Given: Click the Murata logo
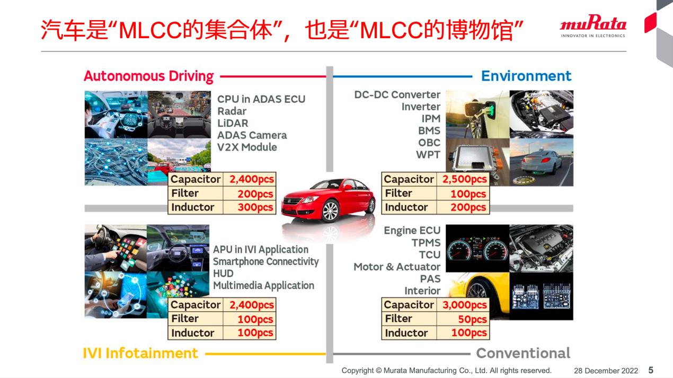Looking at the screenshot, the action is [593, 26].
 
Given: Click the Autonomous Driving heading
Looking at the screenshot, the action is [149, 76].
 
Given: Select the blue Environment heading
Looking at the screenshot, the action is [526, 76].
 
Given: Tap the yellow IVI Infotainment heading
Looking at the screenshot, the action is [140, 353].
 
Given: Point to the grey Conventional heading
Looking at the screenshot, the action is [523, 353].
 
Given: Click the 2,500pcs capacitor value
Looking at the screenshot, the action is [465, 179].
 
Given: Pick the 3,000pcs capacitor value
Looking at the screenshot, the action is [465, 305].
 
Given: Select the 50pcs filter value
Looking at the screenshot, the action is [472, 319].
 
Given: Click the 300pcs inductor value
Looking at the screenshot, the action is [255, 207].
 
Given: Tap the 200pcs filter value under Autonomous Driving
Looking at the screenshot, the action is [255, 194].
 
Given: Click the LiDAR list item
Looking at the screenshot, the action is [233, 123].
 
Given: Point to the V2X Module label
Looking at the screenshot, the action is [247, 147].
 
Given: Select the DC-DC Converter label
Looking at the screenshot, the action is [397, 95].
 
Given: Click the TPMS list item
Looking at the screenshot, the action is [426, 242].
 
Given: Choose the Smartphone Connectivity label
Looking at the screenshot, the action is [266, 262].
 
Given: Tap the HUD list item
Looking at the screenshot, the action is [223, 274].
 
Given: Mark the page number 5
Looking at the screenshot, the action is [651, 370].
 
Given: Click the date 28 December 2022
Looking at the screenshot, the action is [606, 371].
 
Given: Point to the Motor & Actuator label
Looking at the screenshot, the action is [397, 267].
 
